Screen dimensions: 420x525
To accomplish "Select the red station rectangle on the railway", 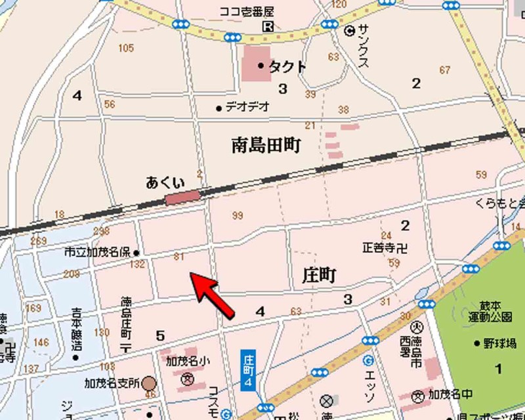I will [x=182, y=196].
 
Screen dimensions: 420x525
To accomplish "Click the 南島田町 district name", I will [x=266, y=145].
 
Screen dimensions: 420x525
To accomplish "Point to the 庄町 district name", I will [x=319, y=275].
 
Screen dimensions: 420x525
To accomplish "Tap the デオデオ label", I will [x=247, y=106].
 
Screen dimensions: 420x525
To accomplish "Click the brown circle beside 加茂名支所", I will [x=150, y=382].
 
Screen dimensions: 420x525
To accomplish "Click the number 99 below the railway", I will [x=238, y=215].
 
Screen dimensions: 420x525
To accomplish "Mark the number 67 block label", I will [x=446, y=70].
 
